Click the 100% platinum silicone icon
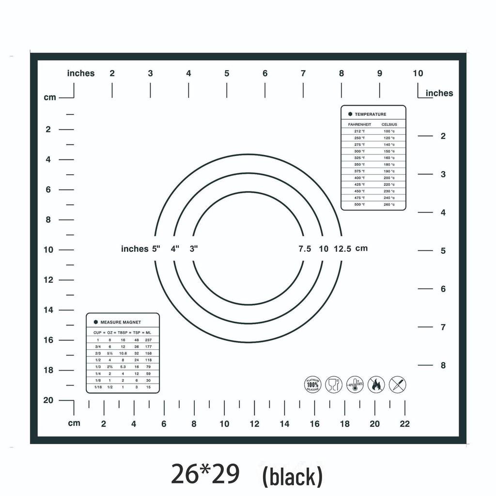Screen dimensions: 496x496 [x=312, y=385]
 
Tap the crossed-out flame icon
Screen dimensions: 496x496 [x=376, y=385]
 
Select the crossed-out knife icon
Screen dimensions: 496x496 [x=398, y=385]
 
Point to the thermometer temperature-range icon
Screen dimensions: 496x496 [x=355, y=385]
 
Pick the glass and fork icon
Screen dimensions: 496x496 [x=334, y=385]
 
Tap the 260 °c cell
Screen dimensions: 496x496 [x=389, y=204]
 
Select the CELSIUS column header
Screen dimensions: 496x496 [x=389, y=124]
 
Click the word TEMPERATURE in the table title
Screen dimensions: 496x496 [x=371, y=114]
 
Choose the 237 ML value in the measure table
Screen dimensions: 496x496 [x=148, y=340]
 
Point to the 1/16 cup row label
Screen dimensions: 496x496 [x=97, y=387]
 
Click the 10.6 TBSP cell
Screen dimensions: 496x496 [x=123, y=353]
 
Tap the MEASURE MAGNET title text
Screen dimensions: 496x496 [x=121, y=322]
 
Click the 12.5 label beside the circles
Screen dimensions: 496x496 [x=342, y=249]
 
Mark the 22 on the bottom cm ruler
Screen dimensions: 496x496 [x=405, y=424]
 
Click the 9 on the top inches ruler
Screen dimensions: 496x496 [x=380, y=74]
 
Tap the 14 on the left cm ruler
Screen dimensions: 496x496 [x=48, y=310]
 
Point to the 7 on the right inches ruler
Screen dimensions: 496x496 [x=443, y=327]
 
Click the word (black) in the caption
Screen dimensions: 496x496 [x=292, y=477]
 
